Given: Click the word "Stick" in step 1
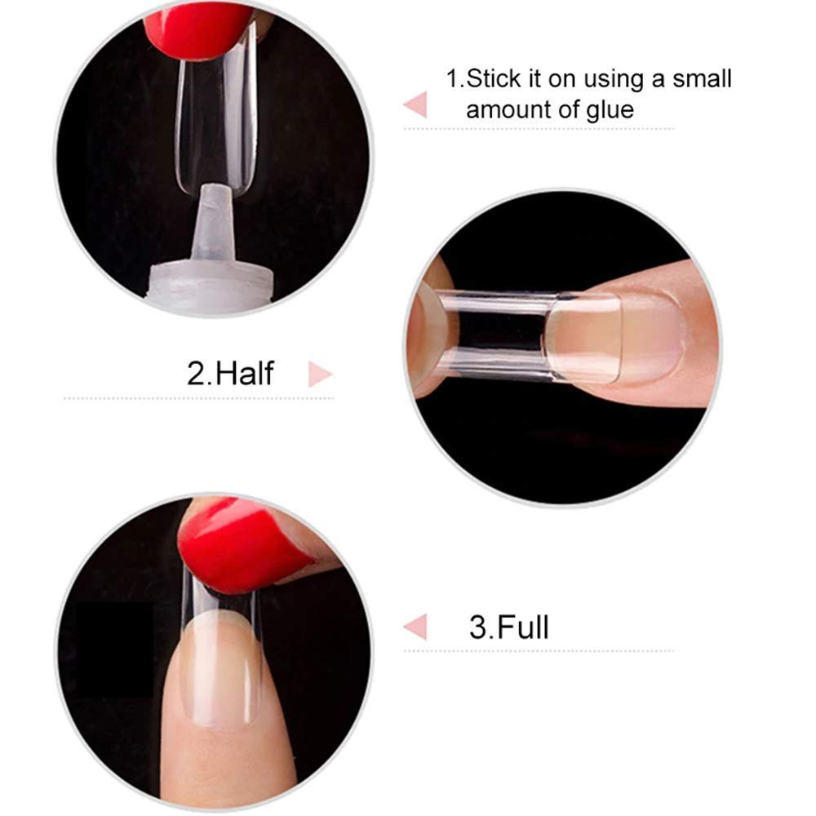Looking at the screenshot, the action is [494, 79].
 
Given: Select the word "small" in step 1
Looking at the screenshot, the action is [702, 79].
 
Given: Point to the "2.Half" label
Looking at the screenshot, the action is [230, 373].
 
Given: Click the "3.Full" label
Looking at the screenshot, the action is [509, 627].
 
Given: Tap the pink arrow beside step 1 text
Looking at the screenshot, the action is [416, 104].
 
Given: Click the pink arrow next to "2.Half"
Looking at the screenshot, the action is [320, 375].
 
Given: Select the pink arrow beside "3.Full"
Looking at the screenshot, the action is [416, 627].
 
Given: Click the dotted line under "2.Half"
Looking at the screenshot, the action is [197, 398].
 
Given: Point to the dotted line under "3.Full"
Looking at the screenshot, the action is [539, 650].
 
